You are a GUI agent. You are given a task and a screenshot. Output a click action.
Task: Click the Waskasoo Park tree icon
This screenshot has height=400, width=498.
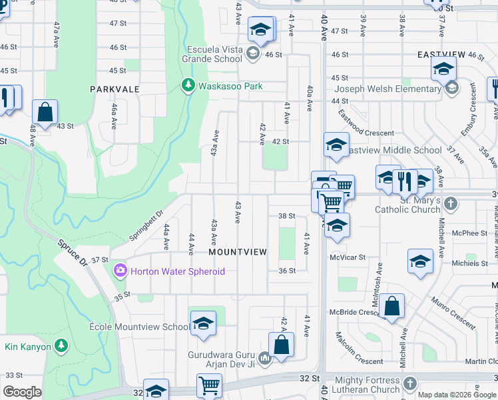(188, 86)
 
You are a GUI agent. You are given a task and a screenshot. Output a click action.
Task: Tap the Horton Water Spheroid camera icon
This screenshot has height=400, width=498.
(121, 271)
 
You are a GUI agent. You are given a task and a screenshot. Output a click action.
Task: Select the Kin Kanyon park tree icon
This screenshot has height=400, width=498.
(61, 345)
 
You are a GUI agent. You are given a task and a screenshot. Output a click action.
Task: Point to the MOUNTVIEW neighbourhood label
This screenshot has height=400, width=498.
(238, 252)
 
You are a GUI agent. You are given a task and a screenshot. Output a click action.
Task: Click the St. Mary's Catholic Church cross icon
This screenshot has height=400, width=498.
(451, 201)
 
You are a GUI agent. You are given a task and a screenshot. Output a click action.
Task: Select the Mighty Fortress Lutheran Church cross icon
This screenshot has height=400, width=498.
(409, 384)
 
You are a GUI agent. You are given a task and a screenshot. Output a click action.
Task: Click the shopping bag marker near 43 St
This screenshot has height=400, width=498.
(45, 113)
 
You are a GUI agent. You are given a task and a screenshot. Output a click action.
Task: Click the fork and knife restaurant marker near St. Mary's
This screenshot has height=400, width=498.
(404, 179)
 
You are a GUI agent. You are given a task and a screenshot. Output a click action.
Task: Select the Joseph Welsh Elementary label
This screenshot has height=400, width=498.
(387, 89)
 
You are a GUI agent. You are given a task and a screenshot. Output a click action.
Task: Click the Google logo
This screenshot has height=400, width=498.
(22, 392)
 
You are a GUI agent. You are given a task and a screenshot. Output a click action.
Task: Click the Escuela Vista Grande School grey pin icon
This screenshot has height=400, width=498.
(252, 53)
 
